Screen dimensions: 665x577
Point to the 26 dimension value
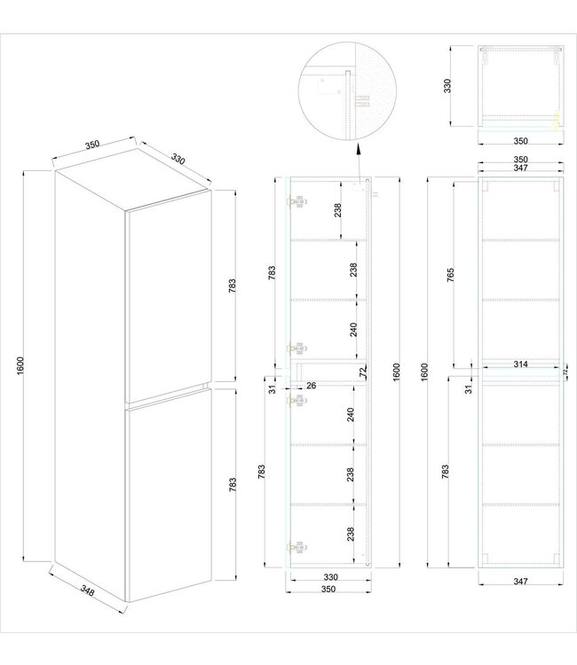[x=312, y=385]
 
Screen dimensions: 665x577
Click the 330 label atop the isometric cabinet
[x=178, y=160]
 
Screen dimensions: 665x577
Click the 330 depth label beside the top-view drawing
[x=448, y=85]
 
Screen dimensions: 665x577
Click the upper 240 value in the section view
[x=354, y=329]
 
